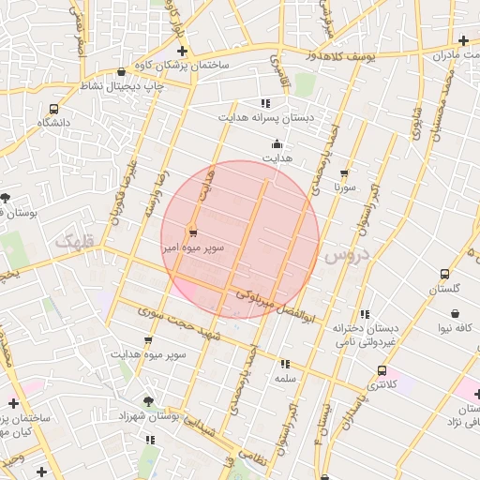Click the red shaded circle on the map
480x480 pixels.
(240, 239)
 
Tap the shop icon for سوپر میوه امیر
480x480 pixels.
(193, 232)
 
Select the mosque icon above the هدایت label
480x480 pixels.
(277, 144)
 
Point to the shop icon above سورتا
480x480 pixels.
(344, 173)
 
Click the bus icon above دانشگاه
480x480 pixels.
(53, 108)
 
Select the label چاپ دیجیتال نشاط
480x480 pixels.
(120, 86)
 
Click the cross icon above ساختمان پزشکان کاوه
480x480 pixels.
(182, 51)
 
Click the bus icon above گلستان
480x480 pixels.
(444, 275)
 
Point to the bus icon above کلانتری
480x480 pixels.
(381, 370)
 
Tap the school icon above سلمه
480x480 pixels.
(285, 363)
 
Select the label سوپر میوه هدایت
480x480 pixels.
(148, 355)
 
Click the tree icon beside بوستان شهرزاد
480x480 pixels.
(148, 401)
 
